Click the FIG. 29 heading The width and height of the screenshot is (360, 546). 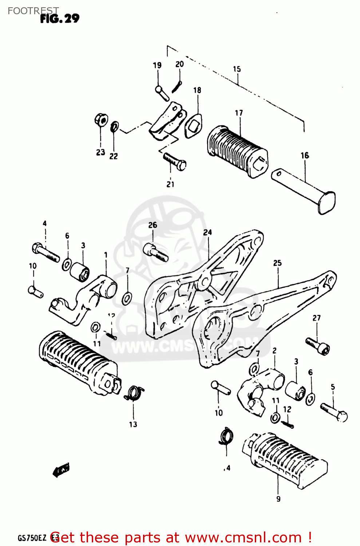[x=59, y=19]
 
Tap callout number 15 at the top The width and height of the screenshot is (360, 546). [x=237, y=69]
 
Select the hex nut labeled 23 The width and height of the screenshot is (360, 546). [x=101, y=119]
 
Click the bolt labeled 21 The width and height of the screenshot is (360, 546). [x=175, y=161]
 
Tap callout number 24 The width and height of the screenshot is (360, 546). [x=207, y=232]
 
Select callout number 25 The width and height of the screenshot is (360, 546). [x=277, y=263]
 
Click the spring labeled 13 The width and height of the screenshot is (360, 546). [x=134, y=393]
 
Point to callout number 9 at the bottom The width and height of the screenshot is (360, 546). [x=278, y=499]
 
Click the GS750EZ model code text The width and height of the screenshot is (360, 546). [x=32, y=538]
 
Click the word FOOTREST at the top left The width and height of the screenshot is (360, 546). [x=33, y=11]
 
